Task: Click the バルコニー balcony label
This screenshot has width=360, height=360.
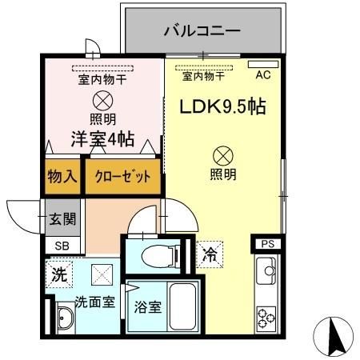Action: (202, 33)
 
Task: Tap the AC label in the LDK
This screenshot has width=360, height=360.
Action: (262, 76)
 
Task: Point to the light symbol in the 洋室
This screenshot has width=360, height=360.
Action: (102, 101)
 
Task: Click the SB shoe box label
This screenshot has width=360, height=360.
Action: (62, 246)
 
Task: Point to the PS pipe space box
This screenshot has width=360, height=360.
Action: (266, 245)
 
